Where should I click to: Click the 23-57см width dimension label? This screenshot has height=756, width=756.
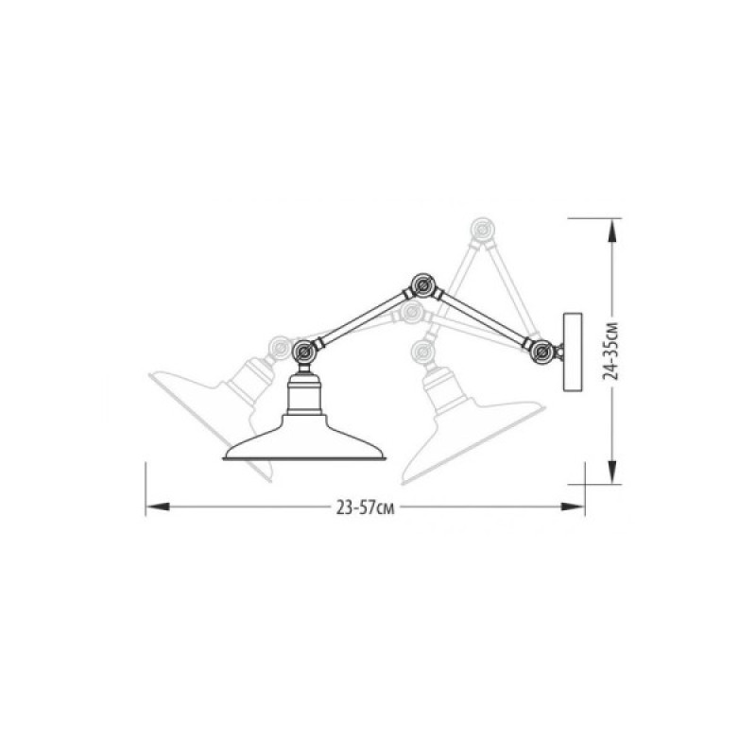click(366, 507)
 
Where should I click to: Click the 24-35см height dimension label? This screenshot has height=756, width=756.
click(611, 350)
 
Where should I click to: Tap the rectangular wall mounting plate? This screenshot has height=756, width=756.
click(573, 352)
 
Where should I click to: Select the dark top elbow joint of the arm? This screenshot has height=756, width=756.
click(422, 285)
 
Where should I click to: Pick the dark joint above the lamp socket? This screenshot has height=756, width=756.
click(304, 352)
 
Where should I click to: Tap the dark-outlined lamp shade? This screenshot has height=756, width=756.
click(304, 438)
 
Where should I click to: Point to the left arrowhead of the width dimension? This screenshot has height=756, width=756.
click(157, 507)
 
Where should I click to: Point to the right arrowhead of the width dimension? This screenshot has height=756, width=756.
click(573, 507)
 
